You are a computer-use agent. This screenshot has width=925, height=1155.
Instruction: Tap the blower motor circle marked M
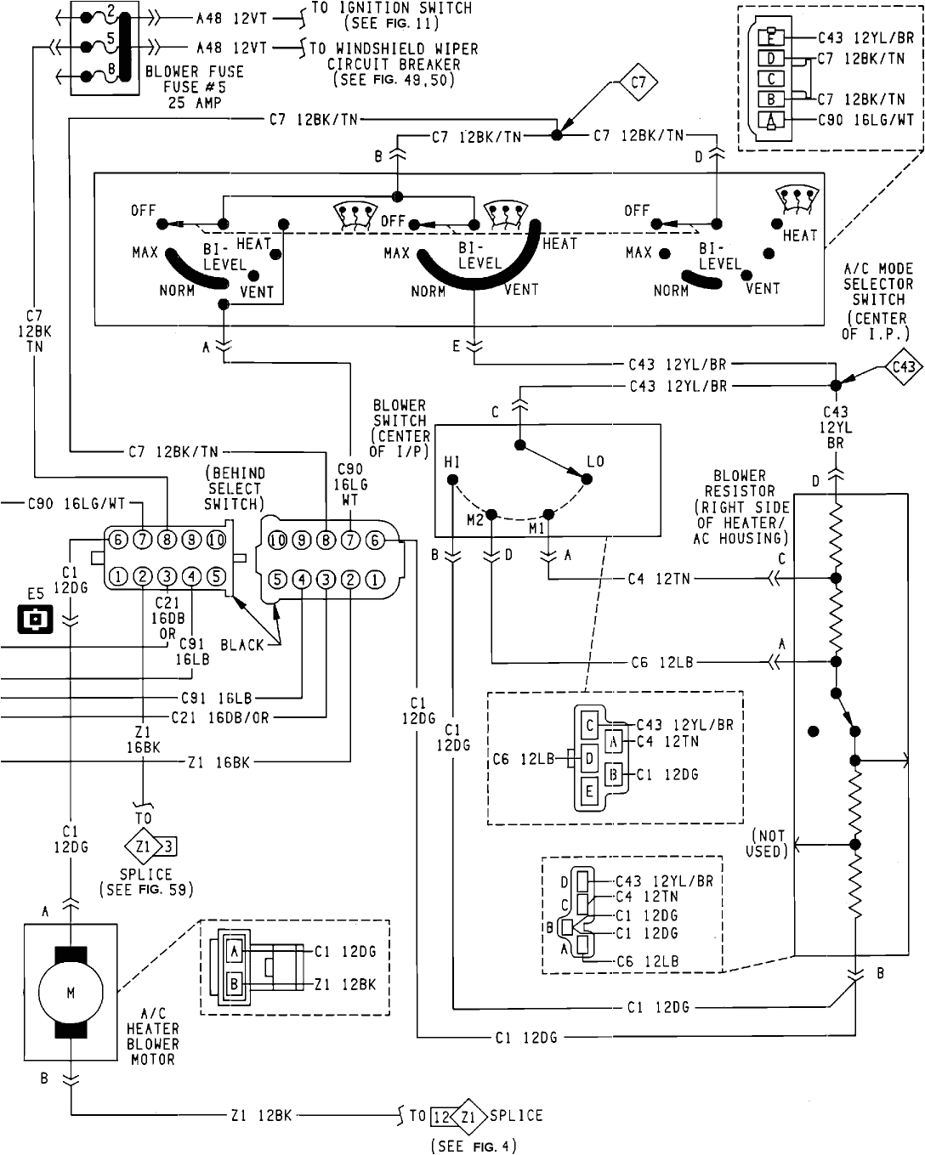click(71, 993)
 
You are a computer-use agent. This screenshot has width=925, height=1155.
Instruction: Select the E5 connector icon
click(35, 619)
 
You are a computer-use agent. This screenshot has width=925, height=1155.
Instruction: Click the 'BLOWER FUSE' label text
click(195, 72)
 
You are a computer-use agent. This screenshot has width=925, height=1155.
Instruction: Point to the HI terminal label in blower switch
click(451, 461)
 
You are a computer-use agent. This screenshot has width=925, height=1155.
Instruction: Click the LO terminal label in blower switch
click(594, 461)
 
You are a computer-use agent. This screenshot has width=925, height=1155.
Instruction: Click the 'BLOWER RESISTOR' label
click(740, 483)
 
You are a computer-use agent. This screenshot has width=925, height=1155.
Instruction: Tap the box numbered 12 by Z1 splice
click(441, 1116)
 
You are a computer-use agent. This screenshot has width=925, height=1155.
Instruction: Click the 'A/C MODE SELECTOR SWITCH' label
click(877, 284)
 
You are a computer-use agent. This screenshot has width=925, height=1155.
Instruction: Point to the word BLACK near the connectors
click(242, 645)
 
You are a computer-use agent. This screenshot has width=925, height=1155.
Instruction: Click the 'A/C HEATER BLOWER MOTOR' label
click(153, 1036)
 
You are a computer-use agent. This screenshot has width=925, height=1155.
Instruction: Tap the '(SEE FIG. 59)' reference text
click(146, 890)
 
